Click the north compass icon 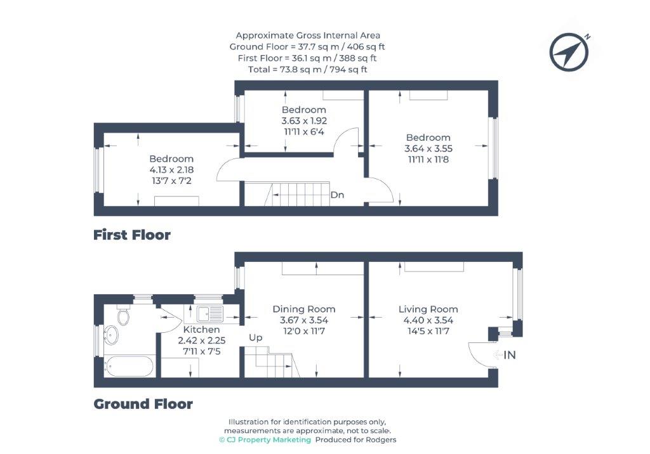[x=569, y=51]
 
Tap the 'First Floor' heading [x=132, y=235]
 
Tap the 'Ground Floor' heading [x=143, y=404]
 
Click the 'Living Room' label [x=428, y=309]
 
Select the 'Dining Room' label [x=304, y=309]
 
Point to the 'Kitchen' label [x=201, y=330]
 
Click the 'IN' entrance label [x=509, y=355]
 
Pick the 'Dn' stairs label [x=337, y=195]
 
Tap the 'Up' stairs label [x=255, y=337]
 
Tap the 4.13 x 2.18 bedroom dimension [x=171, y=170]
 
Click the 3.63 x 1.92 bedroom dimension [x=303, y=120]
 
